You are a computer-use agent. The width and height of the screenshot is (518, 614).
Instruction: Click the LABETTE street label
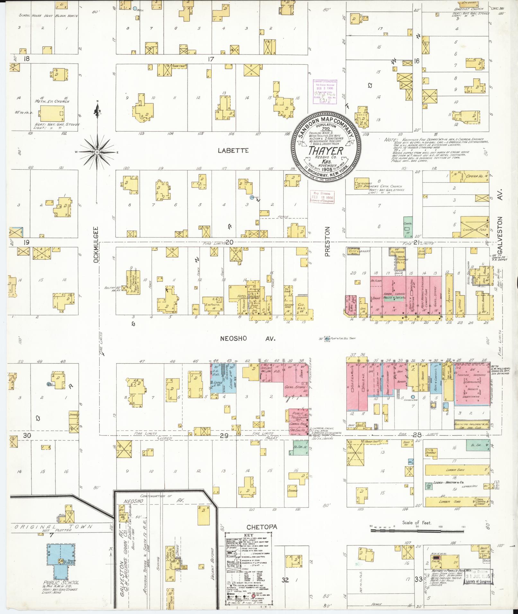(x=233, y=150)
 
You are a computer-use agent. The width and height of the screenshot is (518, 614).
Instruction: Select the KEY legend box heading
(x=249, y=535)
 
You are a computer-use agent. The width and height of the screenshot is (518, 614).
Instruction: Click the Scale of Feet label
(x=417, y=523)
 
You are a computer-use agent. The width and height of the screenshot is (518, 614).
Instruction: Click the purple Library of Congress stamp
(x=325, y=91)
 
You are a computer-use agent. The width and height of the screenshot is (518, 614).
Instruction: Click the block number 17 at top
(x=211, y=59)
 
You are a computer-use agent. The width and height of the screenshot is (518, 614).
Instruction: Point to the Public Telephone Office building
(x=298, y=417)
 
